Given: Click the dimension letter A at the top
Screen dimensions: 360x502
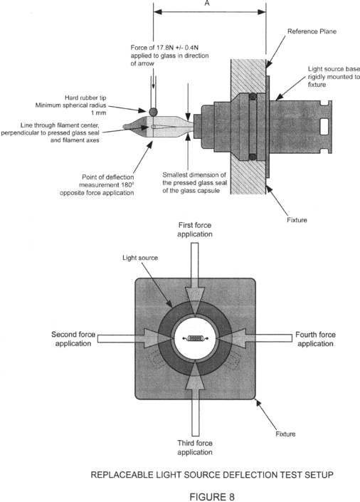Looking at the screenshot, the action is [x=207, y=3].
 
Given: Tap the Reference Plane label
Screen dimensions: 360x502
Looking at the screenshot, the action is [x=312, y=31].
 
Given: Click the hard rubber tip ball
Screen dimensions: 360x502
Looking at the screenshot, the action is [x=153, y=112].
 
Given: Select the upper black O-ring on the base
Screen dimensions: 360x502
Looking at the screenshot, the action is [x=253, y=96].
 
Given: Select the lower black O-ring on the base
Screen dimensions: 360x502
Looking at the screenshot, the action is [x=253, y=157].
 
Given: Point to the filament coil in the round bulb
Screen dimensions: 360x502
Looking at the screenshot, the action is [x=195, y=338].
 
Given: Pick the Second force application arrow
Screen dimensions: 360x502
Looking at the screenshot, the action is [x=134, y=338].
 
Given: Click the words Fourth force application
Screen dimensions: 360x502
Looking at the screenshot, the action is [x=315, y=339].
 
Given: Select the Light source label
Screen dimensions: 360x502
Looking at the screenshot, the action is [x=140, y=258].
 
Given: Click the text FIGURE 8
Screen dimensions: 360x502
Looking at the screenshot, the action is [x=212, y=496].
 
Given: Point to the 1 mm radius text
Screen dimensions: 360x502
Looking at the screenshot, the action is [x=98, y=113].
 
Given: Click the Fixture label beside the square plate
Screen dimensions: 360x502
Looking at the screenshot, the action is [x=285, y=434].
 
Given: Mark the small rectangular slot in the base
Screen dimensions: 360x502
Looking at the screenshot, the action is [x=324, y=124].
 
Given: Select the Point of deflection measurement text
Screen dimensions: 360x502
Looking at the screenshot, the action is [x=97, y=185].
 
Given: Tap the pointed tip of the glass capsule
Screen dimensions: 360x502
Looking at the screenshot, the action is [x=125, y=127].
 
